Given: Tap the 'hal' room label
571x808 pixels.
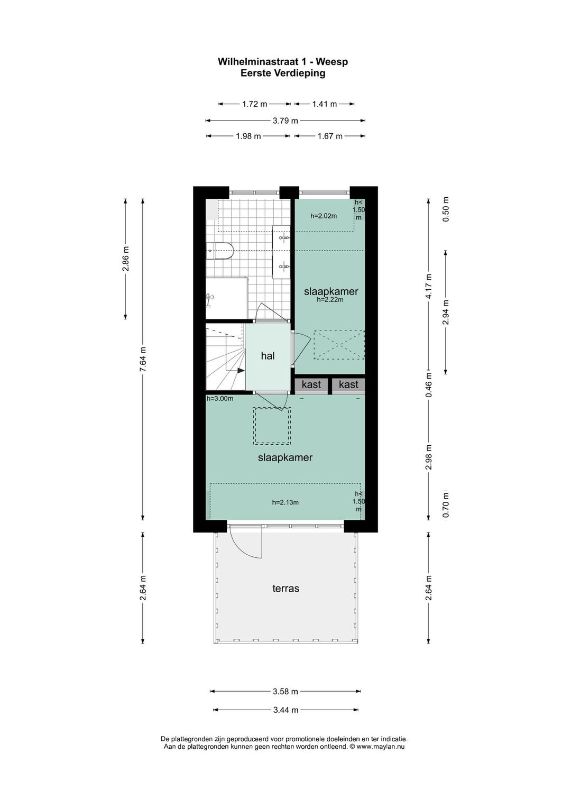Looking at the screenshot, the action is point(268,356).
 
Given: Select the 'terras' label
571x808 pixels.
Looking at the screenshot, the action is point(285,589).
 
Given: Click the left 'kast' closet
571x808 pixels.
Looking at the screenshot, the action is point(311,384).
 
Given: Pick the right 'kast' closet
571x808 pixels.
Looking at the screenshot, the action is point(348,384).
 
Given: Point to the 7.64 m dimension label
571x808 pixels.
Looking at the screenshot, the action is point(143,359).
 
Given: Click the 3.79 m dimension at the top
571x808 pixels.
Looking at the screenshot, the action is point(285,121).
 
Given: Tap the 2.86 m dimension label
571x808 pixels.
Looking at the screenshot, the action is point(125,259).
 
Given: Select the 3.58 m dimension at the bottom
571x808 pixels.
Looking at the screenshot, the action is point(285,691).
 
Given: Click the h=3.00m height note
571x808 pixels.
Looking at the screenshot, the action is point(219,399).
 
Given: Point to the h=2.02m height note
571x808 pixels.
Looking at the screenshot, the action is point(324,216).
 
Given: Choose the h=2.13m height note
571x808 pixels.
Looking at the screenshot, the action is point(285,502).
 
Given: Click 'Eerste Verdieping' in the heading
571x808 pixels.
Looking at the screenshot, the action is point(283,73).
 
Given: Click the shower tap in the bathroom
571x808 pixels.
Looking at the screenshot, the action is point(209,299).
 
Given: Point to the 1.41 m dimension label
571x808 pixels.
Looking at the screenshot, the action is point(324,104).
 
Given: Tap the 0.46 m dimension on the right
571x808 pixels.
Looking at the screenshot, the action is point(429,384).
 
